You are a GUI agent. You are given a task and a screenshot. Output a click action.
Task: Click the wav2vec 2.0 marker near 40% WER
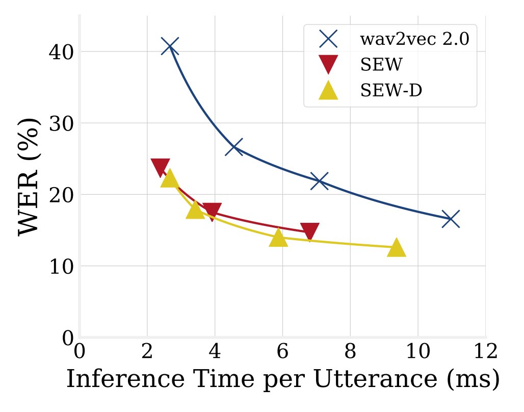pyautogui.click(x=170, y=46)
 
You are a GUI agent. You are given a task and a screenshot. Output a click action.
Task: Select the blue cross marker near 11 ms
pyautogui.click(x=451, y=219)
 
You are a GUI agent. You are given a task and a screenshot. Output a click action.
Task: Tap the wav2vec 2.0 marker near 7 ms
pyautogui.click(x=320, y=181)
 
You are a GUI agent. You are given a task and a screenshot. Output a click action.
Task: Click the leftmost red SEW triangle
pyautogui.click(x=161, y=167)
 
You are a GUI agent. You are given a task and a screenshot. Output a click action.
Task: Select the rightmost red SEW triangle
pyautogui.click(x=309, y=231)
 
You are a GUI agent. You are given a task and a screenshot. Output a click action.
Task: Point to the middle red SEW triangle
pyautogui.click(x=212, y=211)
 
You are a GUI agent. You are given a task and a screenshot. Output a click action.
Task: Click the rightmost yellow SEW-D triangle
pyautogui.click(x=396, y=247)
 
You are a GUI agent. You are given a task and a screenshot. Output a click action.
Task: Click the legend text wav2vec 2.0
pyautogui.click(x=414, y=39)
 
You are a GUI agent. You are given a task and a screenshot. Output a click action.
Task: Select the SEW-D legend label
pyautogui.click(x=391, y=91)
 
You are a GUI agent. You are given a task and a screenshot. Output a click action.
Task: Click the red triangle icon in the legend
pyautogui.click(x=328, y=64)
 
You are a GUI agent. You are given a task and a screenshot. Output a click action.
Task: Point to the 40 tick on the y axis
pyautogui.click(x=61, y=53)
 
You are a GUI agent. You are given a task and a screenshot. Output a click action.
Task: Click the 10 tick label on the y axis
pyautogui.click(x=61, y=267)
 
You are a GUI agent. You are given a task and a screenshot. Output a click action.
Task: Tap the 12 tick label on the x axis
pyautogui.click(x=485, y=351)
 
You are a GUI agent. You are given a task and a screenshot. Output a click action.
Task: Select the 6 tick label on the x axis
pyautogui.click(x=282, y=351)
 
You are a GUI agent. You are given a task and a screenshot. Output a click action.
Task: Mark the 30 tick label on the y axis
pyautogui.click(x=61, y=124)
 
